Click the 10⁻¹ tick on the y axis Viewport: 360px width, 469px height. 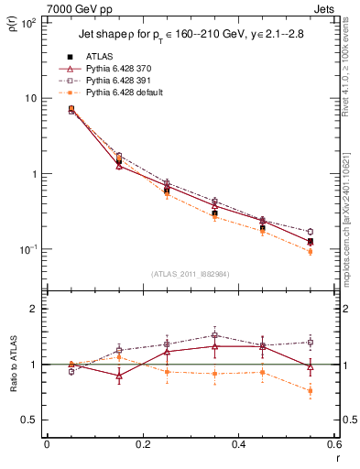(x=29, y=249)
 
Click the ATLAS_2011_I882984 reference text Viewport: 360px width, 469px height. (x=190, y=274)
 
